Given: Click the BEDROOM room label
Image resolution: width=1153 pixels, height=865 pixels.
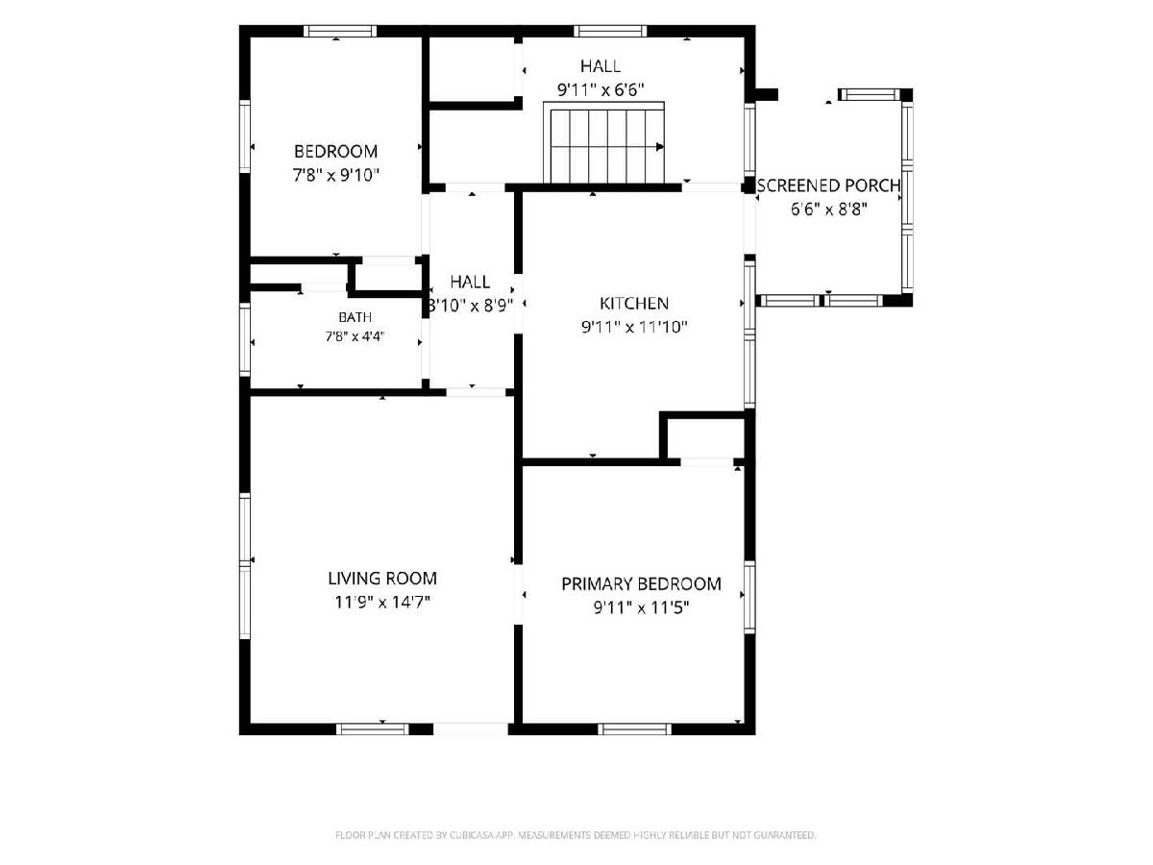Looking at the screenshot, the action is click(x=335, y=152).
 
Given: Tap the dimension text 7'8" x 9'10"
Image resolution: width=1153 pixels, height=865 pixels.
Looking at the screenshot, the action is click(x=335, y=175).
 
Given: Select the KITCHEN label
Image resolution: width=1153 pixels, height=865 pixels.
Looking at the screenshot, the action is click(x=634, y=304).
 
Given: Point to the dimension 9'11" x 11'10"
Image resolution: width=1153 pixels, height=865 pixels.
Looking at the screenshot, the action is click(x=634, y=327).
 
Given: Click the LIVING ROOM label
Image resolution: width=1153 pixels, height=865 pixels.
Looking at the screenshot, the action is click(x=382, y=579).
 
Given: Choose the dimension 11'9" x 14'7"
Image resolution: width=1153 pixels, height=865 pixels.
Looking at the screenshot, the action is click(x=382, y=602).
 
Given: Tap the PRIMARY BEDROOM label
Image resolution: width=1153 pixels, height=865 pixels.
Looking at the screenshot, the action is click(x=641, y=584).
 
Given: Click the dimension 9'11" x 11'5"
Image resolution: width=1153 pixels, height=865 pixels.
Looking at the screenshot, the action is click(x=641, y=607).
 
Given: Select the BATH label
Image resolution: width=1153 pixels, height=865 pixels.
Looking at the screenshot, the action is click(x=356, y=317).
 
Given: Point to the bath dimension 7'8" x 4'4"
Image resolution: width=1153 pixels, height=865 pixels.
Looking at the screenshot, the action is click(x=356, y=336).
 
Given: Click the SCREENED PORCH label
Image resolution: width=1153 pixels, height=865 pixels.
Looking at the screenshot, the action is click(x=828, y=185).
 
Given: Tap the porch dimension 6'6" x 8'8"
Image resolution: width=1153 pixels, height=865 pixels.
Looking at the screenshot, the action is click(x=828, y=210).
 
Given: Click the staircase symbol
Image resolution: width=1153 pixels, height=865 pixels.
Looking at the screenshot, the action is click(x=604, y=143).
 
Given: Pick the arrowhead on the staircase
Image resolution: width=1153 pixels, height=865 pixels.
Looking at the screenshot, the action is click(x=660, y=147).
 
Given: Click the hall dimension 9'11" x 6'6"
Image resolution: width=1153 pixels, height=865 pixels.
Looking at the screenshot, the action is click(x=601, y=90).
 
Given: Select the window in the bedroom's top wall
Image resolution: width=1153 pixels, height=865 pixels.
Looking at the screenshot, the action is click(x=340, y=31).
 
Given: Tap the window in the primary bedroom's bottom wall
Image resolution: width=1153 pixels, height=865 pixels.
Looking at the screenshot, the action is click(x=634, y=729).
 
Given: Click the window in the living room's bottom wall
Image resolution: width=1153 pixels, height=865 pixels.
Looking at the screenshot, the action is click(x=373, y=729).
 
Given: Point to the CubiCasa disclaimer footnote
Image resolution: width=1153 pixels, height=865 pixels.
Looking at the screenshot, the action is click(x=576, y=835).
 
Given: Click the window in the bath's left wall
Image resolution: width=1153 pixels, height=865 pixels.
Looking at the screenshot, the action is click(x=245, y=340).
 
